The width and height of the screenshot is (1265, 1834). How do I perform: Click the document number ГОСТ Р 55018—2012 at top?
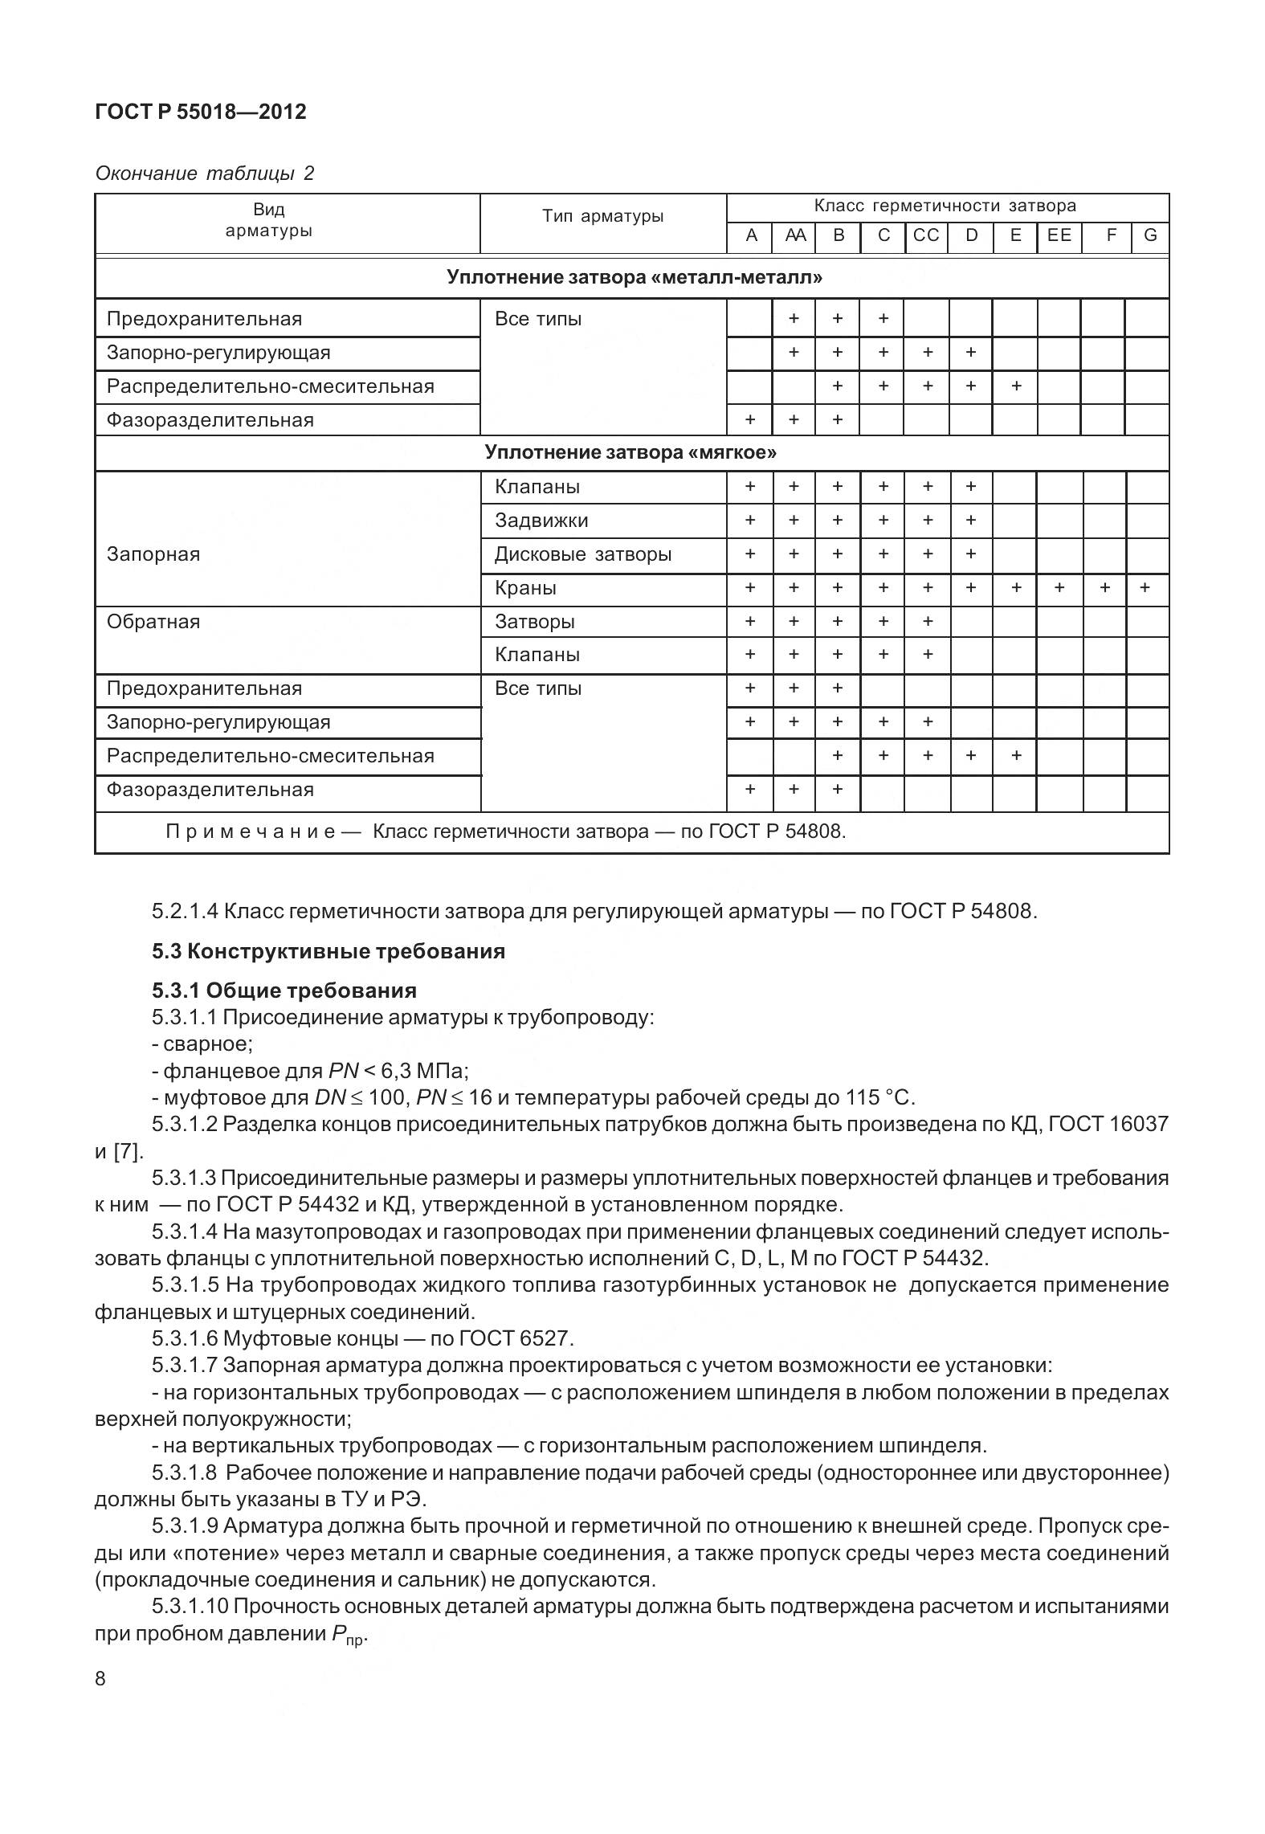click(x=200, y=112)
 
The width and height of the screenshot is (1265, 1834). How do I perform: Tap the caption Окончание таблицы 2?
click(x=204, y=173)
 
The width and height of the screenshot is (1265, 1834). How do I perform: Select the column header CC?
click(x=926, y=235)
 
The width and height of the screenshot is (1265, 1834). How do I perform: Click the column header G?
click(x=1149, y=235)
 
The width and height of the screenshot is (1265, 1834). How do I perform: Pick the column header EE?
click(x=1059, y=235)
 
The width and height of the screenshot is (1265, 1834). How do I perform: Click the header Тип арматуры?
click(x=602, y=216)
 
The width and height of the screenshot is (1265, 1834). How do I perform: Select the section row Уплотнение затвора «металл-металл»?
click(x=634, y=278)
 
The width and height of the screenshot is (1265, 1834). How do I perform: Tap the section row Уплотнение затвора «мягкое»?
click(x=630, y=452)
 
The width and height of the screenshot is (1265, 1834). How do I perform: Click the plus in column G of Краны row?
click(x=1145, y=588)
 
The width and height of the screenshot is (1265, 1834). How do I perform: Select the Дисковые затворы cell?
click(x=582, y=554)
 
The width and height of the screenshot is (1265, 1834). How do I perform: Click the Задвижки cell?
click(x=541, y=521)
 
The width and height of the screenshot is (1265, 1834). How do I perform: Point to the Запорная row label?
click(x=153, y=554)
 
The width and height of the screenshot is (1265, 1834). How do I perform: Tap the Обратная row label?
click(x=153, y=622)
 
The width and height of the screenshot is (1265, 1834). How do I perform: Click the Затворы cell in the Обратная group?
click(x=534, y=622)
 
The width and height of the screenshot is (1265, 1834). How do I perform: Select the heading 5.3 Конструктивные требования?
click(x=328, y=951)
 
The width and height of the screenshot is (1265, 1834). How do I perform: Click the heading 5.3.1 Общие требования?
click(x=284, y=990)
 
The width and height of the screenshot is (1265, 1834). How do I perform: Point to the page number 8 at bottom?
click(x=100, y=1679)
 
